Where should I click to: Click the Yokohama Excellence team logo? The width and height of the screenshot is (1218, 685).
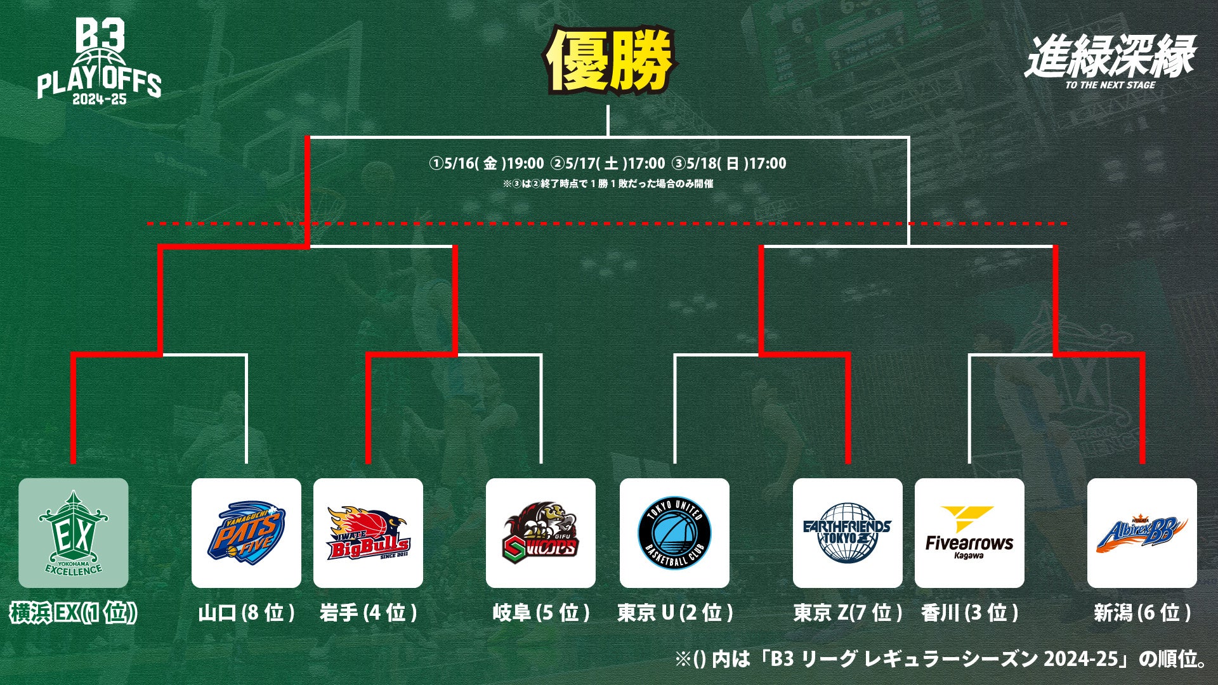pos(73,533)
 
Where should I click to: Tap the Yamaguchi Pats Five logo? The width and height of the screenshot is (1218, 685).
pos(246,533)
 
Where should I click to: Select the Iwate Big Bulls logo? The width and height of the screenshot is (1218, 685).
pos(368,533)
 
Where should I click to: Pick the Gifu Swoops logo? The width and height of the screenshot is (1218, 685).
pos(540,533)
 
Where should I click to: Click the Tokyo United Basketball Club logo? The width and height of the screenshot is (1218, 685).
pos(674,533)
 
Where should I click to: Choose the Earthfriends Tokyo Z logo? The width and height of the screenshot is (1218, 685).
pos(848,533)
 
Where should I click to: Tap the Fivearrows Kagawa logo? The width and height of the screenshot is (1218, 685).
pos(969,533)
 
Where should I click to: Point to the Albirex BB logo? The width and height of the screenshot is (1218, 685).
pos(1142,533)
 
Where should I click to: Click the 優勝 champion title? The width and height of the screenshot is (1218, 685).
pos(609,60)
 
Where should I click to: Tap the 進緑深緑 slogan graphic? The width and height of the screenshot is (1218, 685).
pos(1110,60)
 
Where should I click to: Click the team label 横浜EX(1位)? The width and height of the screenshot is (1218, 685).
pos(73,613)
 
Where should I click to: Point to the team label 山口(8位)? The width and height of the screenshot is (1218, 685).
pos(246,613)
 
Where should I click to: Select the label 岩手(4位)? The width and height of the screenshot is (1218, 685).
pos(368,613)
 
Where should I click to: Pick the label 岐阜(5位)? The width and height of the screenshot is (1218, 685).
pos(540,613)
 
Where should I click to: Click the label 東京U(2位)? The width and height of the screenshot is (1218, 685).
pos(674,613)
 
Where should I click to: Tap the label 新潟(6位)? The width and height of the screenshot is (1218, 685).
pos(1142,613)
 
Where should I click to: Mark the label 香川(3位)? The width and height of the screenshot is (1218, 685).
pos(969,613)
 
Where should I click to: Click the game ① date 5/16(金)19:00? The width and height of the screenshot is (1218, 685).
pos(487,164)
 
